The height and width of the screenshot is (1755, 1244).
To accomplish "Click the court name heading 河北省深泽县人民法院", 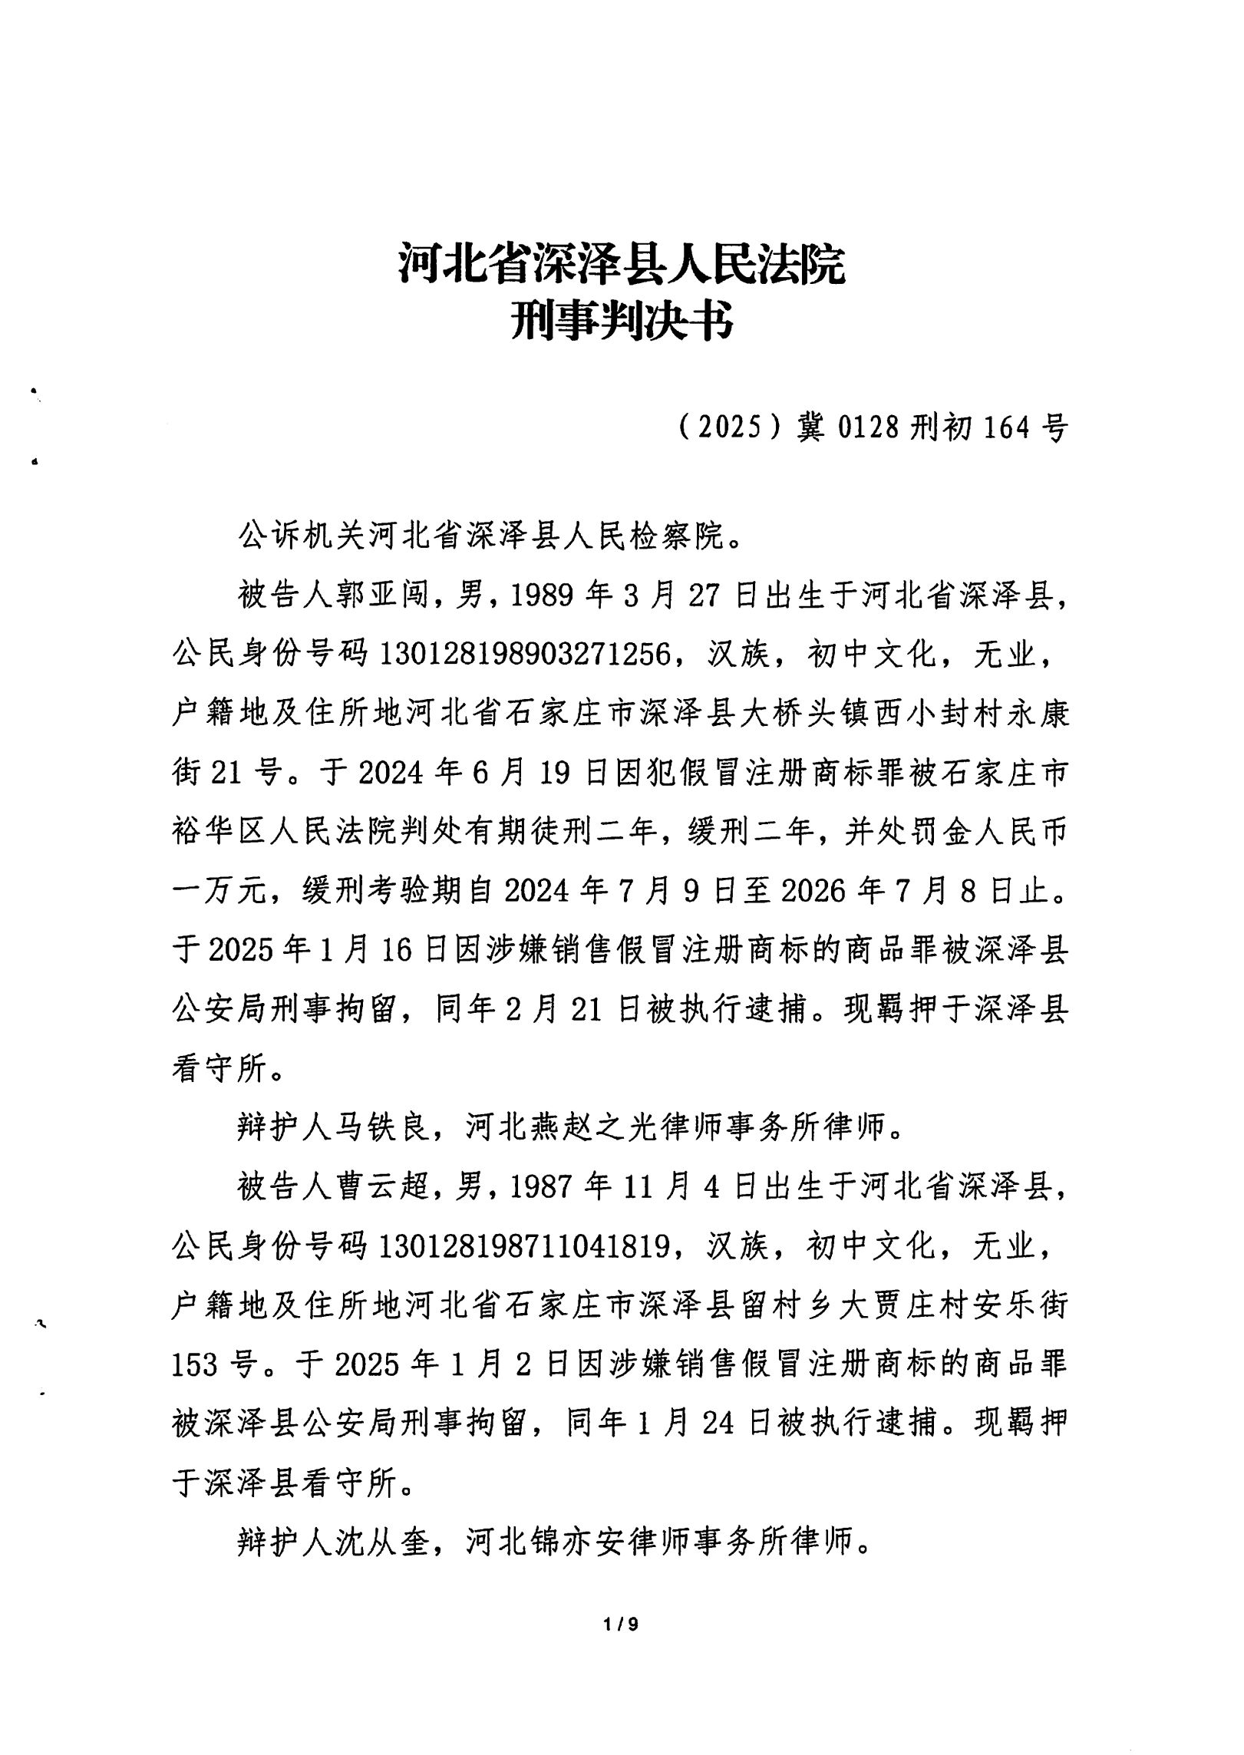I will pos(622,263).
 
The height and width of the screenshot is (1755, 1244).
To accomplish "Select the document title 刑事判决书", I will pos(622,321).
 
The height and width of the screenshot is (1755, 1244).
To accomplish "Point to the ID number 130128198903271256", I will pos(530,654).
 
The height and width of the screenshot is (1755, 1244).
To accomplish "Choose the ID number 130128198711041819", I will pos(530,1247).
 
